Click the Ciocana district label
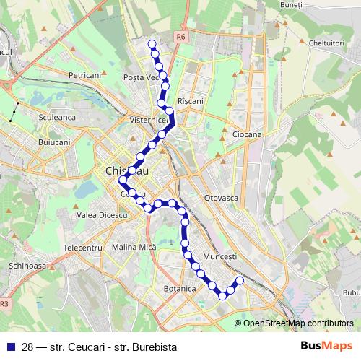[247, 134]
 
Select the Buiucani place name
[54, 142]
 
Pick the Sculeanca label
[57, 116]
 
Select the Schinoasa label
[28, 265]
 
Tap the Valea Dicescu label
[102, 215]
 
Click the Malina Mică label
[134, 247]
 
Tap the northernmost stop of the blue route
[152, 45]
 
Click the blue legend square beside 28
[9, 347]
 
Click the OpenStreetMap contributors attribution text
[298, 323]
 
